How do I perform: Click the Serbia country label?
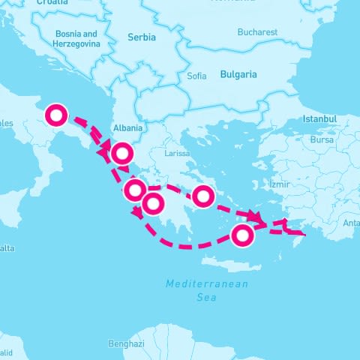[142, 37]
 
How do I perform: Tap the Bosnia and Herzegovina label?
[77, 39]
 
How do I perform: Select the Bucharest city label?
[257, 32]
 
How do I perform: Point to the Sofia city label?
[196, 76]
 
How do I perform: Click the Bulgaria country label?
[238, 75]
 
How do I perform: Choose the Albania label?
[127, 128]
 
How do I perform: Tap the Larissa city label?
[178, 153]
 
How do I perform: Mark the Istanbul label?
[320, 119]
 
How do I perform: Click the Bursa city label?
[322, 139]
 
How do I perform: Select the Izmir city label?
[279, 184]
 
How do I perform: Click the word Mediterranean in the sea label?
[207, 284]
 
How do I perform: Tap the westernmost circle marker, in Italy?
[57, 115]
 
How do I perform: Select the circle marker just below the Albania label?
[122, 154]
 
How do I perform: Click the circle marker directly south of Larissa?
[202, 196]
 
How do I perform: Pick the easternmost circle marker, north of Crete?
[241, 235]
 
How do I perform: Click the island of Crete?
[233, 265]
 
